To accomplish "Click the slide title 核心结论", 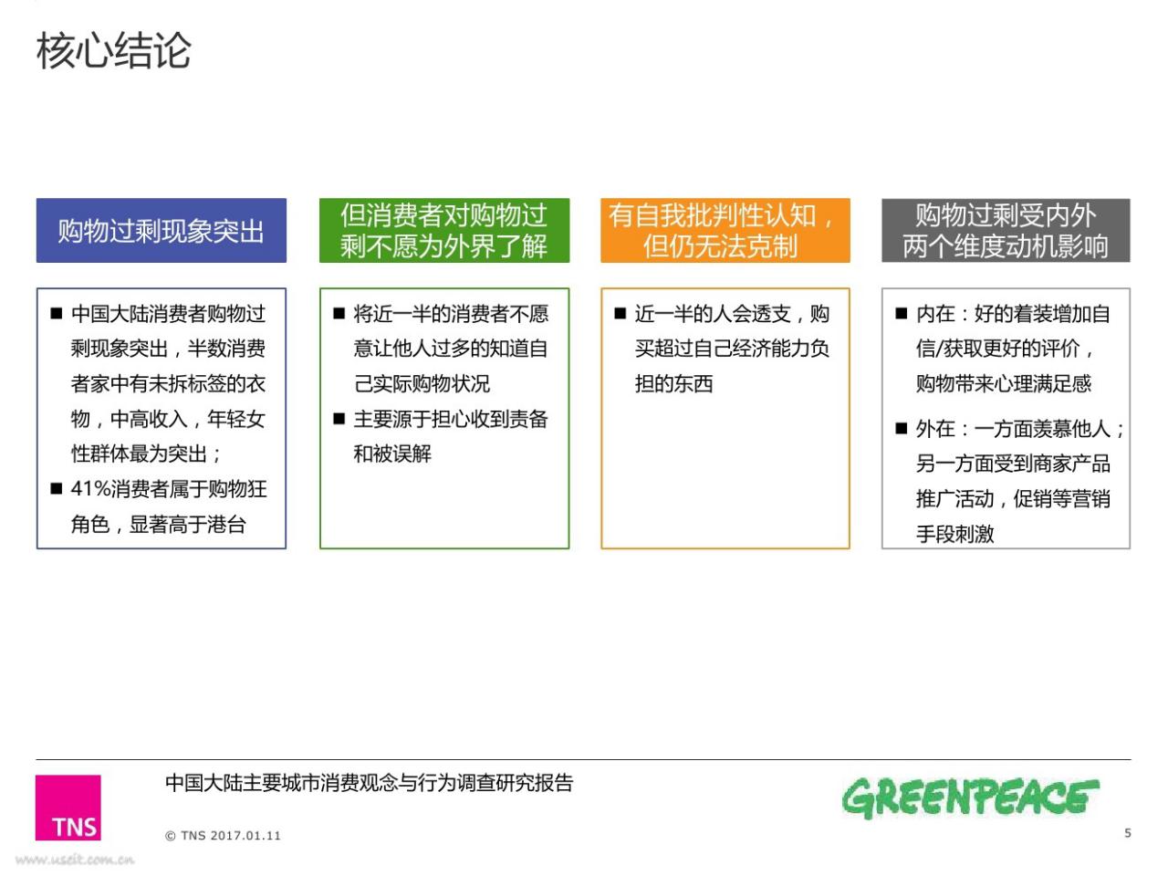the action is [113, 50].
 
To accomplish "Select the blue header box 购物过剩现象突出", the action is [162, 230].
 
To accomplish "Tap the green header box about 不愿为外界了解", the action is [444, 230].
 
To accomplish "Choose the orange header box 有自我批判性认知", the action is [725, 230].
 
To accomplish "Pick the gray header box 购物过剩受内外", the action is [1006, 230].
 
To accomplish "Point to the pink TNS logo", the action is [68, 808].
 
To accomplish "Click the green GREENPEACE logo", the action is [971, 798].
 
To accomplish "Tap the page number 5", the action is [1128, 833].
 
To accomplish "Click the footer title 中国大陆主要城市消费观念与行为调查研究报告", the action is [370, 783].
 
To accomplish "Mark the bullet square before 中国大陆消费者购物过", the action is [57, 313].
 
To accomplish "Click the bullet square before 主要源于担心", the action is [339, 419].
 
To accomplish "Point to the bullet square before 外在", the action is [901, 428].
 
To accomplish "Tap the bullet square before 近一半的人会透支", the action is [620, 313].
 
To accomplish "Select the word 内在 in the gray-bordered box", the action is [935, 314].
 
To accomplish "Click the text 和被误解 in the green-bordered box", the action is [392, 454].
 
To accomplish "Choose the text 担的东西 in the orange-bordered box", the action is [673, 383].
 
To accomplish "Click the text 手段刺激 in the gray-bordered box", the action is [955, 534].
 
